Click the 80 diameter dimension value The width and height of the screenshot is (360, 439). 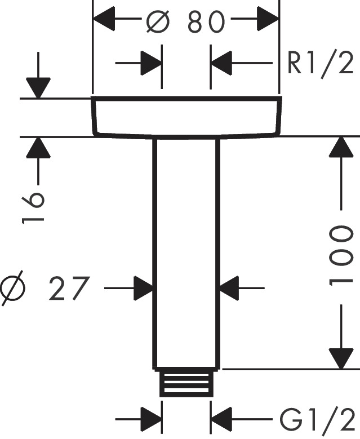(x=206, y=22)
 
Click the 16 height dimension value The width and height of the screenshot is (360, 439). (x=34, y=208)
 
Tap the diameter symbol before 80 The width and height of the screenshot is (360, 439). (x=158, y=22)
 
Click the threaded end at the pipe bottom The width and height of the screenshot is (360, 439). (x=186, y=383)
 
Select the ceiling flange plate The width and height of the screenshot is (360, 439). (x=186, y=117)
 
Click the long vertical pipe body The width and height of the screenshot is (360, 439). (x=186, y=254)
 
